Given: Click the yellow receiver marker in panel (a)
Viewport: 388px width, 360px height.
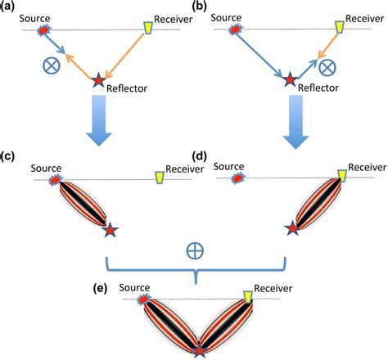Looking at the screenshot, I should [x=148, y=29].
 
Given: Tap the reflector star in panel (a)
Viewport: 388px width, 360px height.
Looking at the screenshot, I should [x=100, y=79].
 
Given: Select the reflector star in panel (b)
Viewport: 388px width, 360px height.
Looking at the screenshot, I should [x=289, y=79].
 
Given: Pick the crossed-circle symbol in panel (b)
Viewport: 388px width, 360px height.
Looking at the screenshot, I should [x=327, y=65].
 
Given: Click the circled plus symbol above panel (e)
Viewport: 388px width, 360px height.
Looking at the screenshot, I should [x=193, y=250].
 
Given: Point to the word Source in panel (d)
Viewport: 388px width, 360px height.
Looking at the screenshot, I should [x=229, y=166].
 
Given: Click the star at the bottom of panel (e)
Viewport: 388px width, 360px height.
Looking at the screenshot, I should [x=199, y=351].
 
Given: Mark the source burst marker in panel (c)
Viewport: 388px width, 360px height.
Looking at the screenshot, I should [x=56, y=179].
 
